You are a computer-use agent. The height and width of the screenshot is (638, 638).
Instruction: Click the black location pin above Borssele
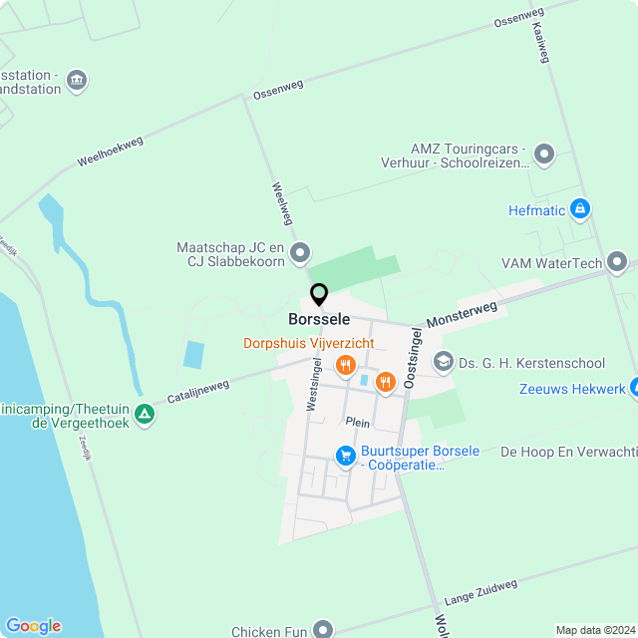coord(319,294)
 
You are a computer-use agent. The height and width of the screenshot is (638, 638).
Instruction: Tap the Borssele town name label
coord(319,320)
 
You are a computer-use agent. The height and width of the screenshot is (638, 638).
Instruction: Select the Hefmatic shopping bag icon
coord(580,209)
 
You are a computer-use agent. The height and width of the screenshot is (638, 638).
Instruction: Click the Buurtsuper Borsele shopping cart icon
coord(345,457)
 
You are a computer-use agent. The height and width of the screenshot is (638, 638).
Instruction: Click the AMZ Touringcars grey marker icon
coord(543,155)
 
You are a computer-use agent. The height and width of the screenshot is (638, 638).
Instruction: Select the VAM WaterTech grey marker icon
coord(618,263)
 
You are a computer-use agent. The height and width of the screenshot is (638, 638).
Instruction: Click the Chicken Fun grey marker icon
coord(323,629)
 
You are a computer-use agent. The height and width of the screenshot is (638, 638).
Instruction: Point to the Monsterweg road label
coord(462,315)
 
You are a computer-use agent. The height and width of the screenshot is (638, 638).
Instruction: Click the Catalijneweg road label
coord(198,391)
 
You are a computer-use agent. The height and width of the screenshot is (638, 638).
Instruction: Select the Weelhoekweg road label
coord(110,152)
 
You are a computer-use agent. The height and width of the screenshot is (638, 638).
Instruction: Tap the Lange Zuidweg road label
coord(480,592)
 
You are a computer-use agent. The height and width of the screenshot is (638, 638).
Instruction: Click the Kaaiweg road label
coord(541,42)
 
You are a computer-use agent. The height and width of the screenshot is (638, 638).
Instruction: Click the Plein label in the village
coord(358,423)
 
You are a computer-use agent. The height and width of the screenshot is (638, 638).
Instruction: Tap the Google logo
coord(32,625)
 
